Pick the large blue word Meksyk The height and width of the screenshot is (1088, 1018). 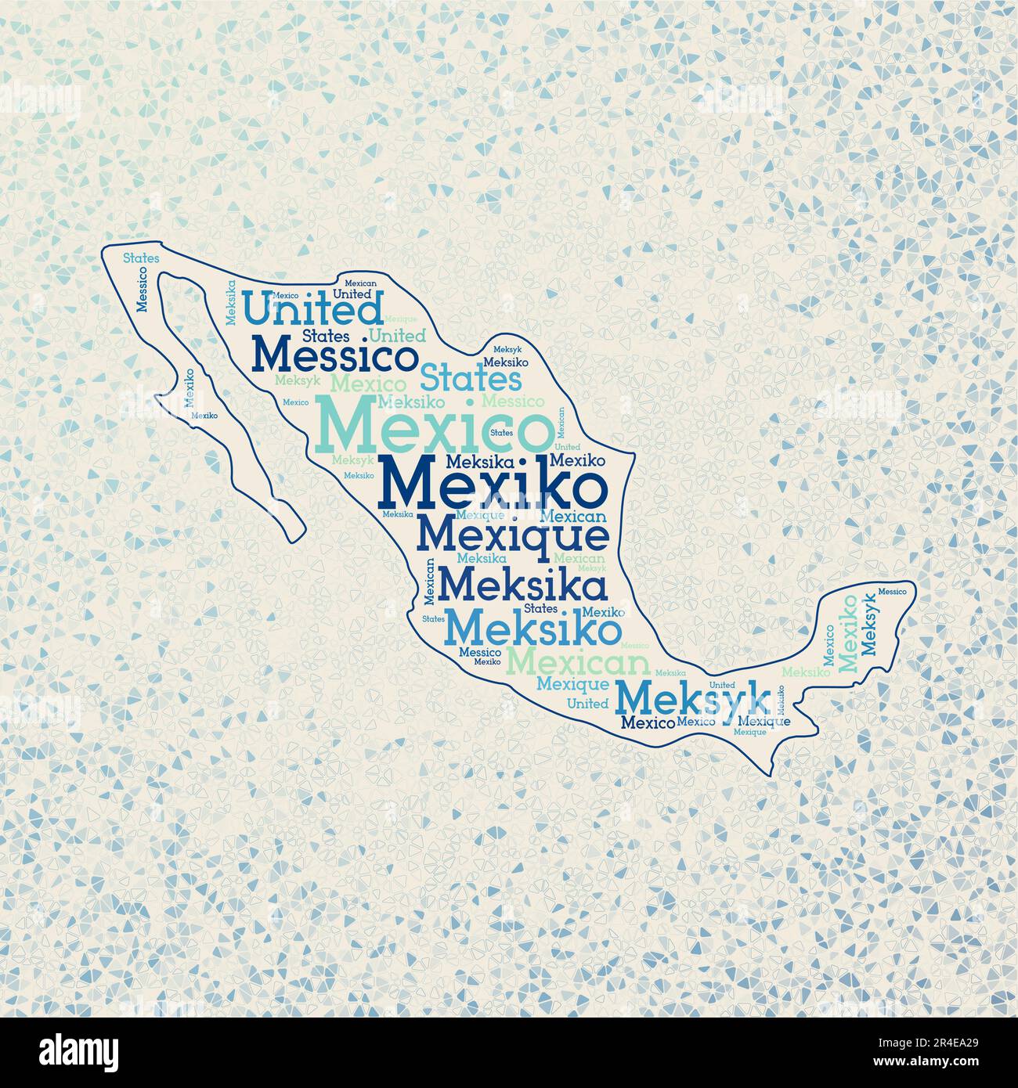click(692, 695)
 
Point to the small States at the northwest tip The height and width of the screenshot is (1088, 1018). click(142, 257)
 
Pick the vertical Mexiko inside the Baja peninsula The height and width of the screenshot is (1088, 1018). click(189, 389)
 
